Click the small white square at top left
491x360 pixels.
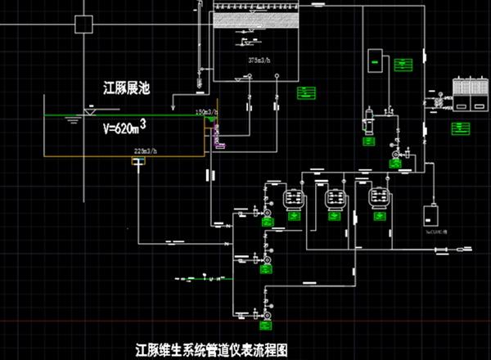click(83, 24)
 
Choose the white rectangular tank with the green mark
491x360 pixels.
click(375, 59)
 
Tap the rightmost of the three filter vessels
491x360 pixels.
click(377, 198)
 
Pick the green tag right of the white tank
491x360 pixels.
click(402, 65)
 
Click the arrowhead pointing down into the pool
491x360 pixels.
click(172, 107)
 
